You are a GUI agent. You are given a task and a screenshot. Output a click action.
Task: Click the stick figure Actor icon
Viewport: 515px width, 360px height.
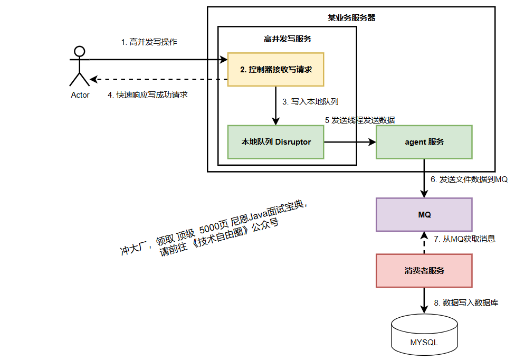click(80, 66)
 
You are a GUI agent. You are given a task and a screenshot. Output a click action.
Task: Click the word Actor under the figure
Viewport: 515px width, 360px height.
click(80, 95)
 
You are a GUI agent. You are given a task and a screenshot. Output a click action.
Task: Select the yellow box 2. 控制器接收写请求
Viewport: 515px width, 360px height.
click(275, 69)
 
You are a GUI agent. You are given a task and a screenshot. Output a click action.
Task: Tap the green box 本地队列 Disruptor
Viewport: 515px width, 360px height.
click(275, 142)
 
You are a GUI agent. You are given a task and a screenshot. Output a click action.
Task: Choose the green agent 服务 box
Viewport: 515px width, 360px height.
click(424, 142)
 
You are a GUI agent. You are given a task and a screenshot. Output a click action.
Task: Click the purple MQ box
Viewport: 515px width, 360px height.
click(424, 215)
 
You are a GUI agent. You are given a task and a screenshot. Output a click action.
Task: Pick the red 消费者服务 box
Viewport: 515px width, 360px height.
click(424, 270)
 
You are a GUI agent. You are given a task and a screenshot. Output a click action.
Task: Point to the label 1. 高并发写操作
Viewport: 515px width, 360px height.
click(149, 42)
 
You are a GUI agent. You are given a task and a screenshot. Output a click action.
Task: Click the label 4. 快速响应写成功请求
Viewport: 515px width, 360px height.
click(148, 95)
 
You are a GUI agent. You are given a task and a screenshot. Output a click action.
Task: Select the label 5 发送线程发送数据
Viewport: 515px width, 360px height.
click(360, 120)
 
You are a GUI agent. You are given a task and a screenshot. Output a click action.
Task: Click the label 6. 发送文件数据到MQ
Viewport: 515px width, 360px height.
click(469, 179)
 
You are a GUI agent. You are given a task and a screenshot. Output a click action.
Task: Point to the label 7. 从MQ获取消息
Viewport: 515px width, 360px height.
click(464, 239)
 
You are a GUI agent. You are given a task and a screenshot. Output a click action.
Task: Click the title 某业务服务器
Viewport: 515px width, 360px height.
click(351, 17)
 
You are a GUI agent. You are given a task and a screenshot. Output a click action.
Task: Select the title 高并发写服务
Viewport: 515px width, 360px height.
click(287, 39)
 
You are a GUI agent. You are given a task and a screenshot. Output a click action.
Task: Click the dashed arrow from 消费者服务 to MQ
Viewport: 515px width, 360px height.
click(424, 243)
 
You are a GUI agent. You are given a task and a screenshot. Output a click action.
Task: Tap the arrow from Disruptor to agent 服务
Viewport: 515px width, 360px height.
click(348, 142)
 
